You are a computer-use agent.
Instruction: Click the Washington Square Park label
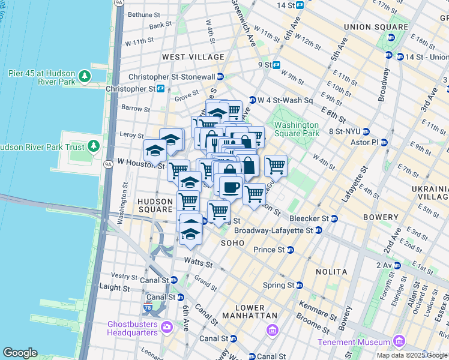tap(297, 129)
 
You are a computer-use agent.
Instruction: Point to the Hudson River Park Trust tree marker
tap(93, 146)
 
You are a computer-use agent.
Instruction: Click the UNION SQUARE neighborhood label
tap(376, 27)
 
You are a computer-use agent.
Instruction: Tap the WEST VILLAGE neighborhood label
tap(193, 57)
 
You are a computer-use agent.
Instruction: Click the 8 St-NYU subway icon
tap(366, 131)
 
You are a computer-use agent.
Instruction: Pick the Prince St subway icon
tap(291, 250)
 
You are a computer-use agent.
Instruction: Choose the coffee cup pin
tap(231, 187)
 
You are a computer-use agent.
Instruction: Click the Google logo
tap(20, 353)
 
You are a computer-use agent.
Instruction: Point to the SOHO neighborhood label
tap(233, 243)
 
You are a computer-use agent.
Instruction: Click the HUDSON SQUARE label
tap(155, 205)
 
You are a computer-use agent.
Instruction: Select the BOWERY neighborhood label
tap(381, 217)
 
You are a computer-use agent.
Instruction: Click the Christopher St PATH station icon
tap(161, 89)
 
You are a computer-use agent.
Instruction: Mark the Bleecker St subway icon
tap(334, 218)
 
